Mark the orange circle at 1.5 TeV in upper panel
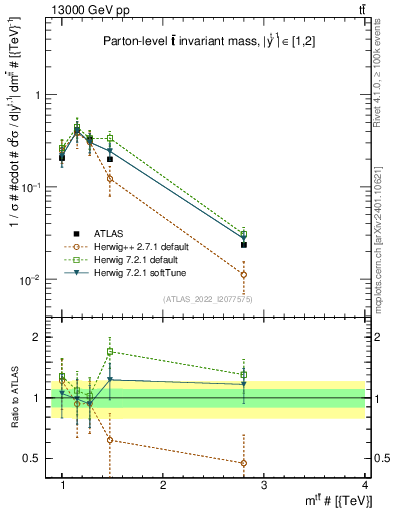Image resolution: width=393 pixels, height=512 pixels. pyautogui.click(x=110, y=178)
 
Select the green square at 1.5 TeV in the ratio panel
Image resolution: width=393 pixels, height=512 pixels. pyautogui.click(x=110, y=351)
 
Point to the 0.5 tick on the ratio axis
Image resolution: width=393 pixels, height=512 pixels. pyautogui.click(x=36, y=458)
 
